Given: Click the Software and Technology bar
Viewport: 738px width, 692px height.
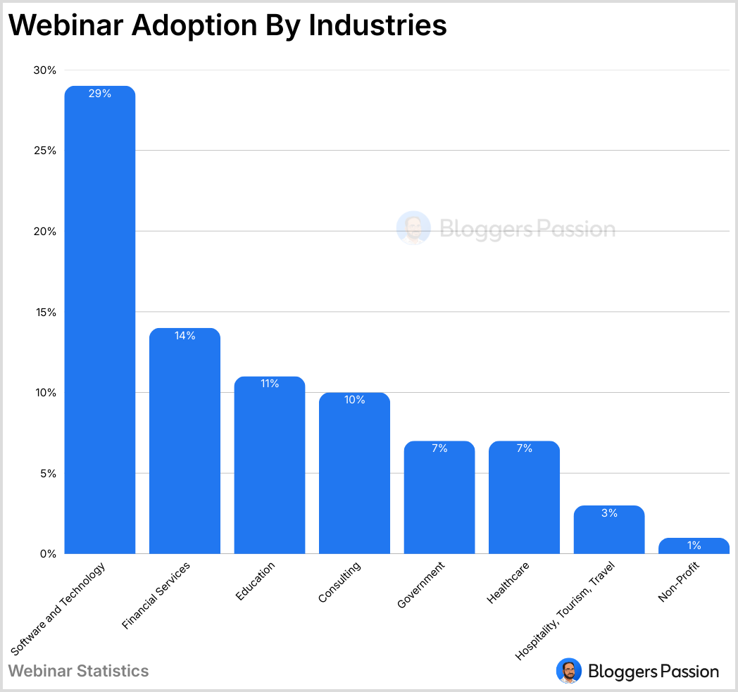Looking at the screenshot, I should [100, 320].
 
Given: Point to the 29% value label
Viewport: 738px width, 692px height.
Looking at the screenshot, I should [100, 93].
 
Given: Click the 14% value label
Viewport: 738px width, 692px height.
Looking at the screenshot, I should [184, 336].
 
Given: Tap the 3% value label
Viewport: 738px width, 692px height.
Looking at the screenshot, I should [609, 513].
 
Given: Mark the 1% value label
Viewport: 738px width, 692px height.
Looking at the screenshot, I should [694, 545].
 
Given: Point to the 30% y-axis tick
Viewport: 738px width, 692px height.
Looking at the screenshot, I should [44, 70].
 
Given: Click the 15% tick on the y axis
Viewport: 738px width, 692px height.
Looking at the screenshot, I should [44, 312].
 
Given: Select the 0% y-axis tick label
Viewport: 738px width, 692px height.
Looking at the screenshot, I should [47, 554].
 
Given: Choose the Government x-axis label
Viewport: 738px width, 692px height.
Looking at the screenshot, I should [421, 585].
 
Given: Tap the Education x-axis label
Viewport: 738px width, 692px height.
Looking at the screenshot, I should [255, 581].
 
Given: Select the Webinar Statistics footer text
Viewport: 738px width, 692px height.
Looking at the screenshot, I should [79, 671].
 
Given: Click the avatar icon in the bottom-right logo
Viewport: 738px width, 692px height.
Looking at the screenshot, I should [569, 671].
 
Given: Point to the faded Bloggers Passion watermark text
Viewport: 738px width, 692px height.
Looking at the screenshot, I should [527, 229].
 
